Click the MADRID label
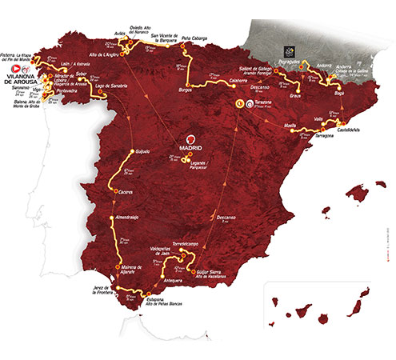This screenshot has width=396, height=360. (x=192, y=146)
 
